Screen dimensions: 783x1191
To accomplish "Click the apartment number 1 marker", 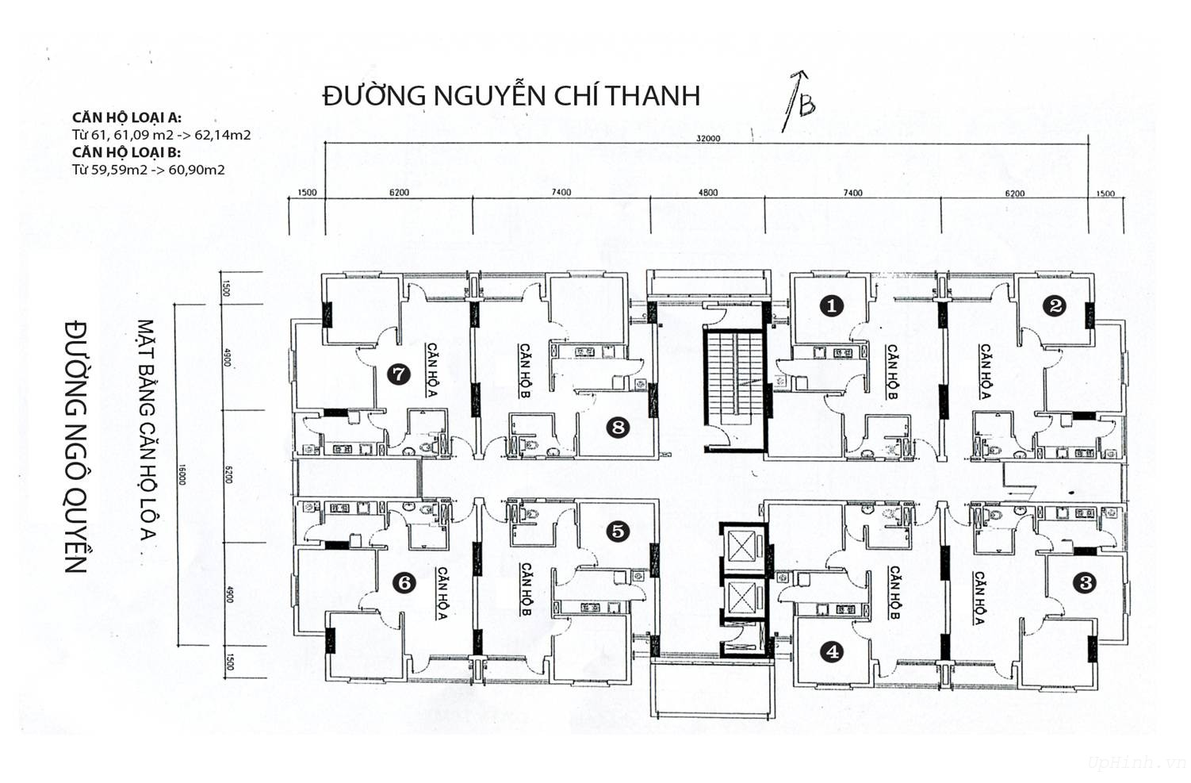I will click(831, 305).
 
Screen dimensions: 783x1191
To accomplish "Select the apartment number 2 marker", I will click(1054, 305).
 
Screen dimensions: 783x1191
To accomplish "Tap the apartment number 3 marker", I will click(1083, 583).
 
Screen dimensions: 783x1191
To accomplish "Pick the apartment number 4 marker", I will click(832, 651).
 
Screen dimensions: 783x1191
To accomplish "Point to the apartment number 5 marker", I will click(617, 531).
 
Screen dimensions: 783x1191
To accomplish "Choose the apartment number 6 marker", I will click(404, 583).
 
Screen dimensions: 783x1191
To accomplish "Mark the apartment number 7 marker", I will click(398, 374).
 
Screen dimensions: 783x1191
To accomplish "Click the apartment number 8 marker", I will click(617, 428).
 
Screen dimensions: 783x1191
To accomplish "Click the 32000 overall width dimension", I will click(707, 138).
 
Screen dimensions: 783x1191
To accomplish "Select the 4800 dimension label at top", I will click(707, 193).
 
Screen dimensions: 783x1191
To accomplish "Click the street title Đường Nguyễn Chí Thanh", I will click(511, 95).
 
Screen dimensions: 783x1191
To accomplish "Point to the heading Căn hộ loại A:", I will click(127, 117).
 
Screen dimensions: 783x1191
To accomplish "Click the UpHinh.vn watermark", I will click(1135, 762).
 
